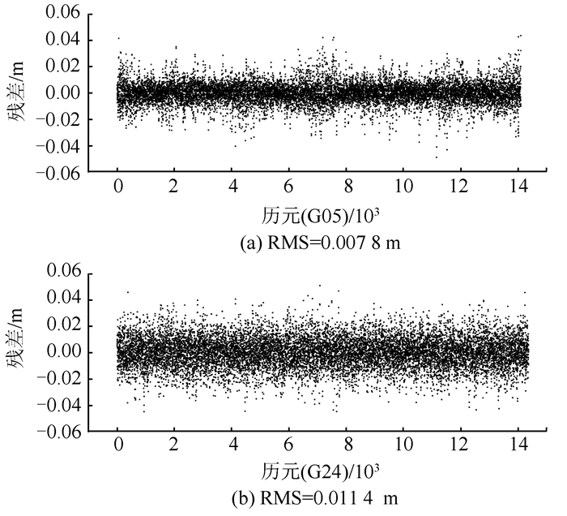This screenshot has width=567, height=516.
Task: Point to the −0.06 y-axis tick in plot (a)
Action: point(60,171)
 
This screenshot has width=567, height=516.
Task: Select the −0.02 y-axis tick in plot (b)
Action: point(60,379)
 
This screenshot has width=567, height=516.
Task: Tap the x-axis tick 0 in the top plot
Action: point(118,186)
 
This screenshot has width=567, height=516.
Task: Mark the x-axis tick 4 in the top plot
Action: point(233,186)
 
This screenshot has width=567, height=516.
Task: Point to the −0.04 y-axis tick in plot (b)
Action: point(60,405)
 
